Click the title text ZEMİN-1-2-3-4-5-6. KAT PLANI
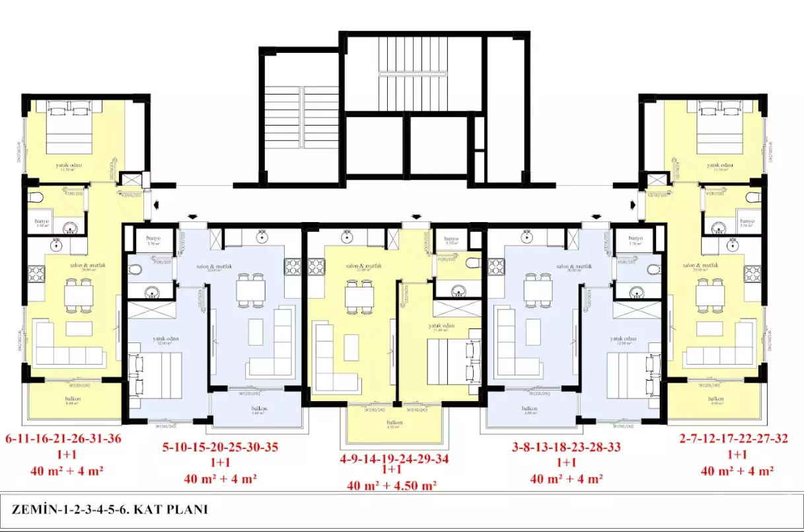click(x=110, y=509)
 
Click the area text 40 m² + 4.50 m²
click(x=392, y=486)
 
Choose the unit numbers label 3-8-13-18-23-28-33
click(x=566, y=447)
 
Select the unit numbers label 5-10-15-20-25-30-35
click(x=220, y=447)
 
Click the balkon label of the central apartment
click(x=395, y=422)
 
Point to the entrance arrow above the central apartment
click(x=416, y=215)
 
